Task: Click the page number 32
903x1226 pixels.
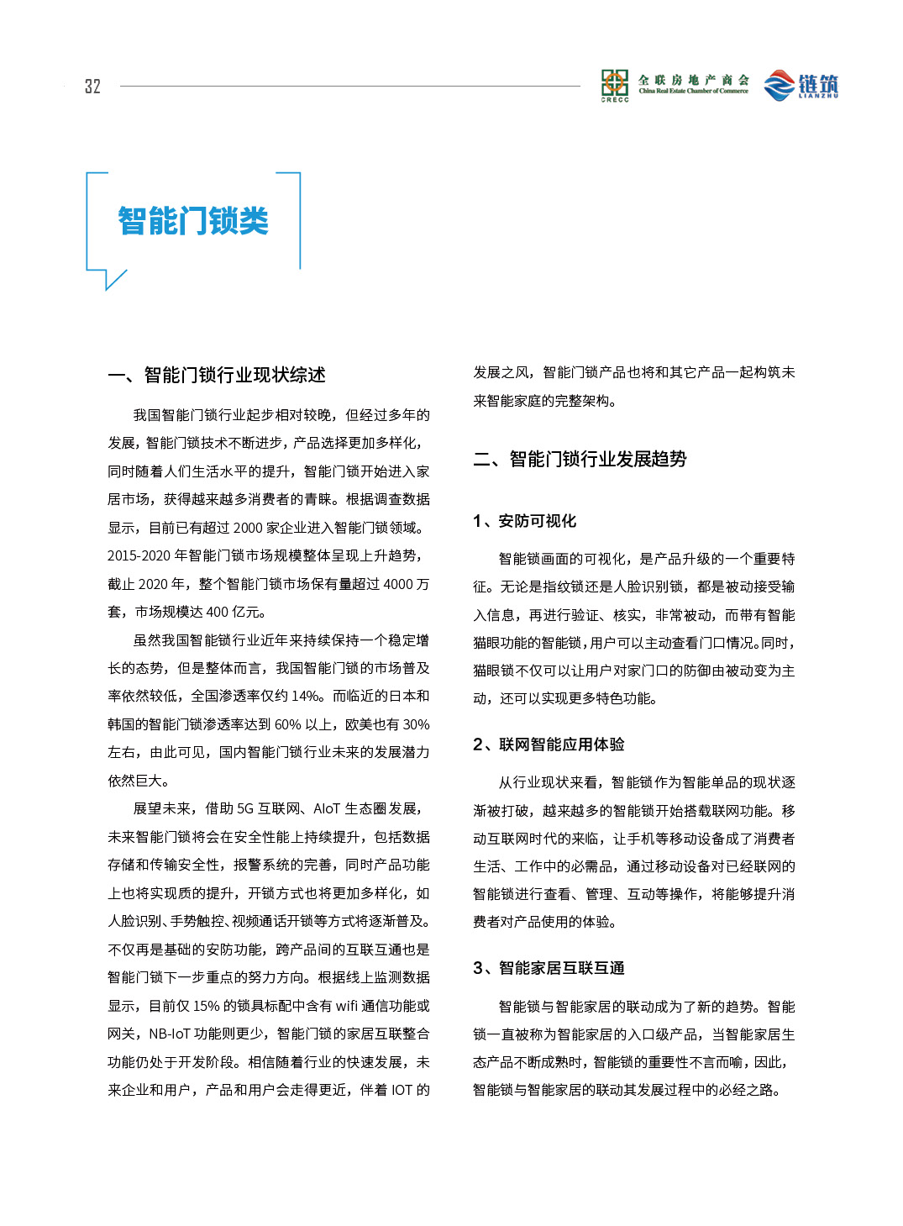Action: tap(92, 87)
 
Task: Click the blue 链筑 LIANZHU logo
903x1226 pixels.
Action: tap(801, 86)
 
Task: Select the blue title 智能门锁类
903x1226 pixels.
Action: tap(193, 222)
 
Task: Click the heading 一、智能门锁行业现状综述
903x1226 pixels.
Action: tap(217, 376)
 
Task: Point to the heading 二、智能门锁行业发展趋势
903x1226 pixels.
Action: tap(580, 459)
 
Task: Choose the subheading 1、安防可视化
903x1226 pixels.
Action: tap(524, 521)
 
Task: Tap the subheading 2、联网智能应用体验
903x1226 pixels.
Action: tap(549, 745)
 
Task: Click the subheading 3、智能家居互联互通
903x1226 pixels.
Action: tap(549, 968)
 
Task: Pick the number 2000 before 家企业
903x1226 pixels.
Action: tap(248, 528)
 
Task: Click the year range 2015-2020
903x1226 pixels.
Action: tap(139, 555)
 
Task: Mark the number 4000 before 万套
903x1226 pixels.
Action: tap(398, 584)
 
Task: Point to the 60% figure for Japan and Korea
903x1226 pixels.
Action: tap(287, 724)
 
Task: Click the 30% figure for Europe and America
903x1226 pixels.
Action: tap(417, 724)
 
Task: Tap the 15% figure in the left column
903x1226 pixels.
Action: tap(207, 1006)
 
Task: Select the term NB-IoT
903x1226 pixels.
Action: tap(170, 1034)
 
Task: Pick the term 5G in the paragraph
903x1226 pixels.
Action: tap(244, 808)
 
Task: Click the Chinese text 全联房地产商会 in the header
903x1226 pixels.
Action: tap(693, 80)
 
